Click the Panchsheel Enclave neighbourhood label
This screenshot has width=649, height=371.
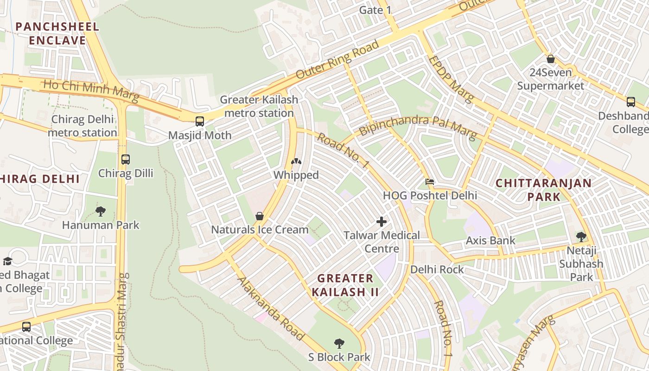coord(57,33)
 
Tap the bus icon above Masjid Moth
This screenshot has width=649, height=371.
coord(200,122)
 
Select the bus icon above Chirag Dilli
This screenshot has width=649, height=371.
coord(126,160)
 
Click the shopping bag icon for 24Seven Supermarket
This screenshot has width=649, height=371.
coord(551,59)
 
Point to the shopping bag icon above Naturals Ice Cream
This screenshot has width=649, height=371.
coord(260,216)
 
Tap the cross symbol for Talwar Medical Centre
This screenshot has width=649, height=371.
coord(382,222)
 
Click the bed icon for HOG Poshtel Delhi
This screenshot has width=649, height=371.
coord(430,182)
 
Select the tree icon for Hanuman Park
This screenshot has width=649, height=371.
coord(101,211)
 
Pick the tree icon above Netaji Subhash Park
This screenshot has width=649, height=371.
coord(581,237)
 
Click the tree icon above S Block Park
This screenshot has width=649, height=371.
coord(339,344)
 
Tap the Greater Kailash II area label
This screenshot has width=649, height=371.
coord(345,285)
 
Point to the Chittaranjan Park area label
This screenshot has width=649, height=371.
coord(543,189)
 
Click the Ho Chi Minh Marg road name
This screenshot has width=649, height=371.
coord(91,91)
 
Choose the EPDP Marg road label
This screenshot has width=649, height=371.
coord(450,79)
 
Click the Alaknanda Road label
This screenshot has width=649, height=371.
coord(271,308)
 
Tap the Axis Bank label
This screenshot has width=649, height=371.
coord(490,240)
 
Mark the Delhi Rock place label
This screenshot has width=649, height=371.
coord(437,269)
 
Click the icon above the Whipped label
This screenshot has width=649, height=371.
coord(296,162)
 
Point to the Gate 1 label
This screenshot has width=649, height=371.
coord(378,10)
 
